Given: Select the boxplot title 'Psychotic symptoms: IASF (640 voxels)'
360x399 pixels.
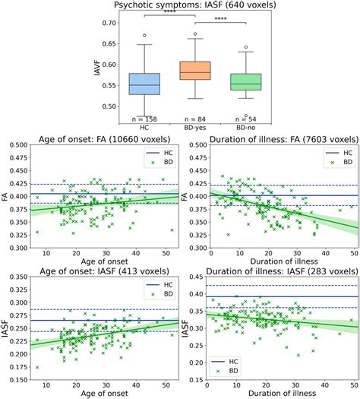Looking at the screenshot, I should coord(180,5).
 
